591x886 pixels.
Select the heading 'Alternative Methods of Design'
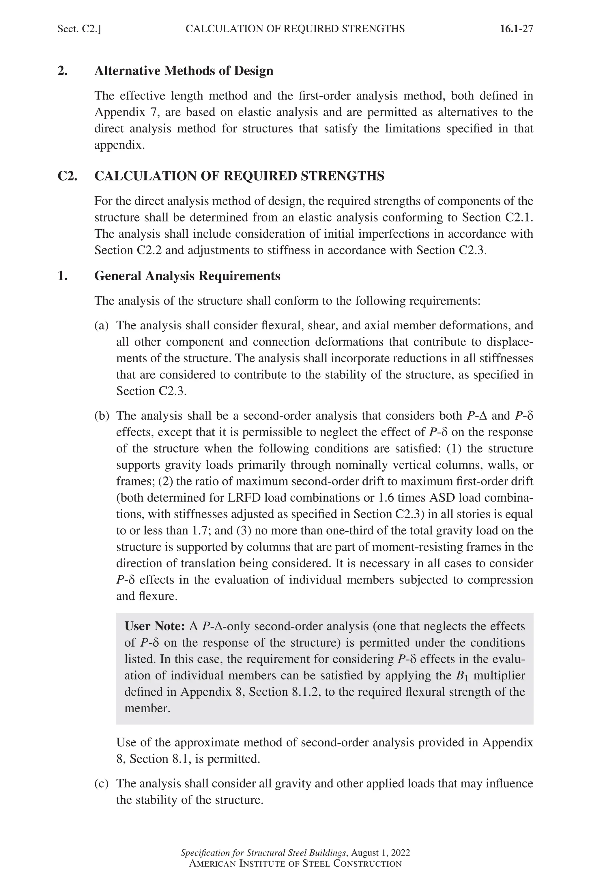click(184, 71)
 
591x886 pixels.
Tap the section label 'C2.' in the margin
click(67, 176)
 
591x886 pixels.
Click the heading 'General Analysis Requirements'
click(187, 276)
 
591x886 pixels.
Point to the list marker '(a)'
click(101, 325)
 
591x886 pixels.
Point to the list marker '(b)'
click(101, 416)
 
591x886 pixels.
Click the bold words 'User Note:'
click(154, 626)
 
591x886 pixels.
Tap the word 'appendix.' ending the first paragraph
click(119, 145)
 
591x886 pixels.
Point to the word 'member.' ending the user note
click(147, 708)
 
